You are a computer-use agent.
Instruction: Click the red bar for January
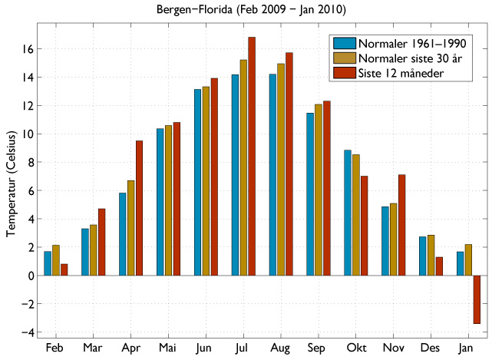[x=477, y=299]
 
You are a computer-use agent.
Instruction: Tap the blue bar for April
[x=123, y=234]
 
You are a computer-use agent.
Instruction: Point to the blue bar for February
[x=48, y=263]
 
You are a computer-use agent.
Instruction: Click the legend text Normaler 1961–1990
[x=414, y=43]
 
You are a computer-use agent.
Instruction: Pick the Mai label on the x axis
[x=168, y=348]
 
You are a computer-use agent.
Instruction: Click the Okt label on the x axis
[x=356, y=348]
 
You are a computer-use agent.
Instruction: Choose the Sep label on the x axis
[x=319, y=348]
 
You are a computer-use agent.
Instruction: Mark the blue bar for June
[x=198, y=183]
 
